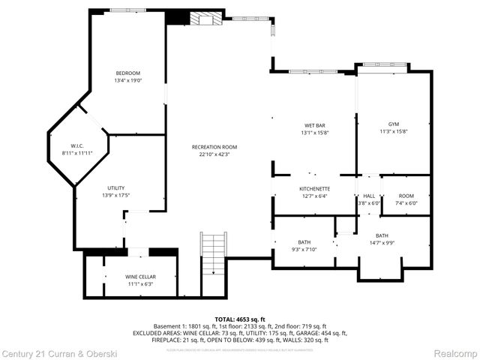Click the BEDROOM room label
128,73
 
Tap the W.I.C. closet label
76,145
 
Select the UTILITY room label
115,187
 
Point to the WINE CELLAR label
140,277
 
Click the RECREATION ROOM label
214,147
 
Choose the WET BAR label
314,124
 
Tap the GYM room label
394,124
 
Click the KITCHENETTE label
314,188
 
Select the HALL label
369,196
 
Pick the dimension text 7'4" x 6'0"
406,202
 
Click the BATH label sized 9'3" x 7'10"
304,241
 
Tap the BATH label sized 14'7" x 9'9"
382,235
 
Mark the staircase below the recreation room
213,255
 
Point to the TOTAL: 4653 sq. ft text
240,319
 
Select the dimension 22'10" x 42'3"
214,154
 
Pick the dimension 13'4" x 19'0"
128,80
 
